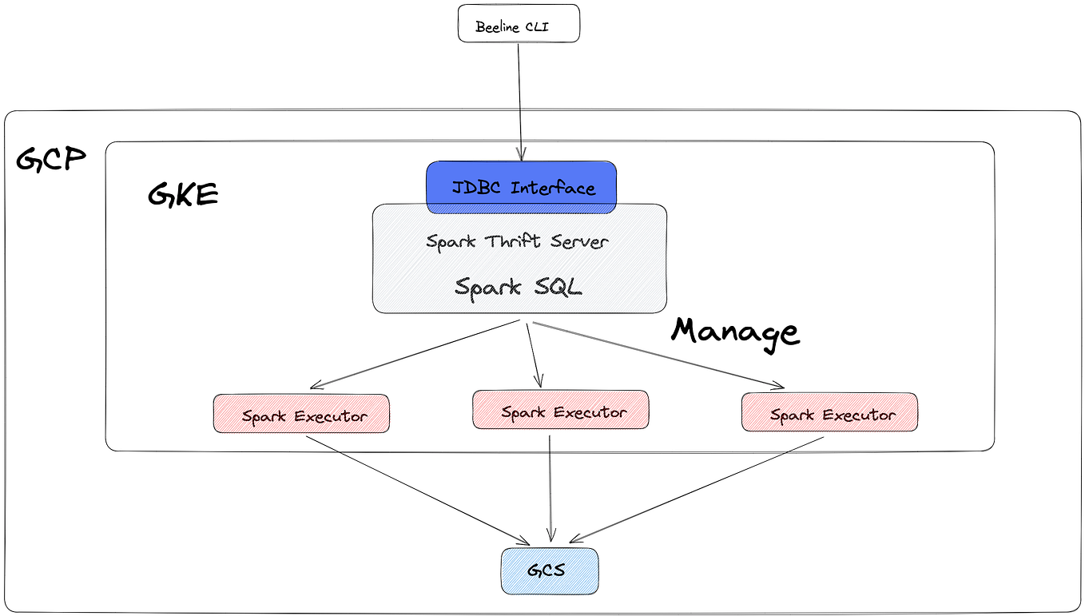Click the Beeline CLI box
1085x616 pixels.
point(518,23)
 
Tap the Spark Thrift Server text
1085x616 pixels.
point(517,241)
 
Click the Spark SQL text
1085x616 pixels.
point(519,286)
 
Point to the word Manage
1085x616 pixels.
point(734,332)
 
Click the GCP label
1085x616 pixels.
point(50,160)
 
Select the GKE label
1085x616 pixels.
point(183,194)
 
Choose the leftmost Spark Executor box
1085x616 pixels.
point(301,414)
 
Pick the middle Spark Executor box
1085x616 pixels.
point(560,410)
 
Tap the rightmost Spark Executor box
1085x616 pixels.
point(829,412)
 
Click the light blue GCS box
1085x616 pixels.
point(549,570)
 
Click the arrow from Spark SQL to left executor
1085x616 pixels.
point(415,354)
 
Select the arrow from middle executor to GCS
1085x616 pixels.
point(550,487)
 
